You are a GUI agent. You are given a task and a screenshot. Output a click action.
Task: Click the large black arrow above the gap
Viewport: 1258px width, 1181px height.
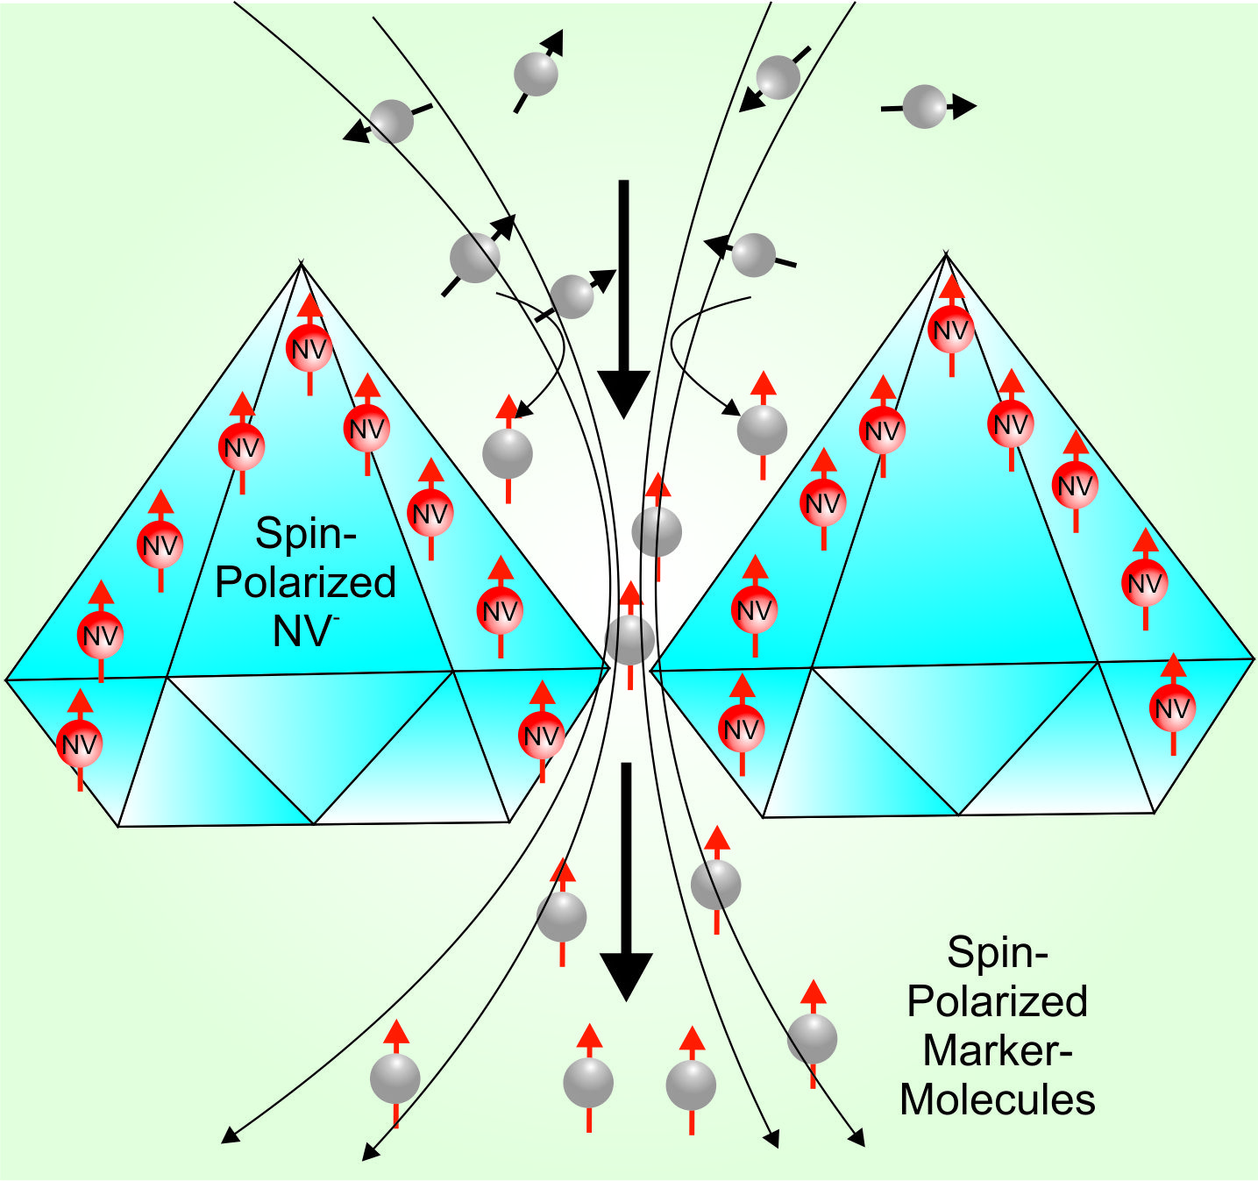tap(623, 298)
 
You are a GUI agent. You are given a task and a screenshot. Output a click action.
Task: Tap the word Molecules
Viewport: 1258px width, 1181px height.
tap(998, 1099)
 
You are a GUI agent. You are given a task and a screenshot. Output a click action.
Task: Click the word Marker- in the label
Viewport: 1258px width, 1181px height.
tap(998, 1050)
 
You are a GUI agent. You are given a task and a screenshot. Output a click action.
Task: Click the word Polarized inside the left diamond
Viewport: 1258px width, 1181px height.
tap(306, 582)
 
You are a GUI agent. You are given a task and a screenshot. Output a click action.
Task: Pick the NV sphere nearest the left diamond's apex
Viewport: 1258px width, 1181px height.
tap(309, 349)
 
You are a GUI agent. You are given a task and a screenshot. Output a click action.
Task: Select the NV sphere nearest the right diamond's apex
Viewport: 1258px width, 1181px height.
tap(951, 330)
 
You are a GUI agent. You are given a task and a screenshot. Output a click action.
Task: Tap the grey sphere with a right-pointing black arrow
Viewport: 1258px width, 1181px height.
tap(924, 107)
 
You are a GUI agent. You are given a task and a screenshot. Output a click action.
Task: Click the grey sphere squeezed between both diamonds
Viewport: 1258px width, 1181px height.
tap(629, 639)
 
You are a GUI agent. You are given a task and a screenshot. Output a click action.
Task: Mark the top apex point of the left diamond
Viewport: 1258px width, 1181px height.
tap(302, 263)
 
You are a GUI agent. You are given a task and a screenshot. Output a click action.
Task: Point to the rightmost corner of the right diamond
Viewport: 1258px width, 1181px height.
tap(1253, 658)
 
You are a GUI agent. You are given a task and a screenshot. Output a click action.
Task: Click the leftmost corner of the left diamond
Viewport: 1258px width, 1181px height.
tap(7, 679)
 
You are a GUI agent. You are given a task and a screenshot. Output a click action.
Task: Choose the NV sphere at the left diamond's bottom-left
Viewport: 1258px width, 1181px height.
tap(80, 744)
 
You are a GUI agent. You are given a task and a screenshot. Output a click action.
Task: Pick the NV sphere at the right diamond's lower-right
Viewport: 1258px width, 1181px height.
tap(1173, 708)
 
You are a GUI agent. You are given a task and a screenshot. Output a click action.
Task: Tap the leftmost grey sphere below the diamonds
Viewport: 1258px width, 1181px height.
tap(395, 1079)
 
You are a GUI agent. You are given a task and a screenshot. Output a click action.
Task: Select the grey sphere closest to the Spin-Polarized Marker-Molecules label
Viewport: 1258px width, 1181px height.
tap(812, 1039)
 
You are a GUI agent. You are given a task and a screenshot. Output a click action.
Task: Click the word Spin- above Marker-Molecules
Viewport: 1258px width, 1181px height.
tap(998, 952)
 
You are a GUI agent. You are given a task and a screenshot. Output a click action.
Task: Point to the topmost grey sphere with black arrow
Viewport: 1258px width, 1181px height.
tap(536, 74)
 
